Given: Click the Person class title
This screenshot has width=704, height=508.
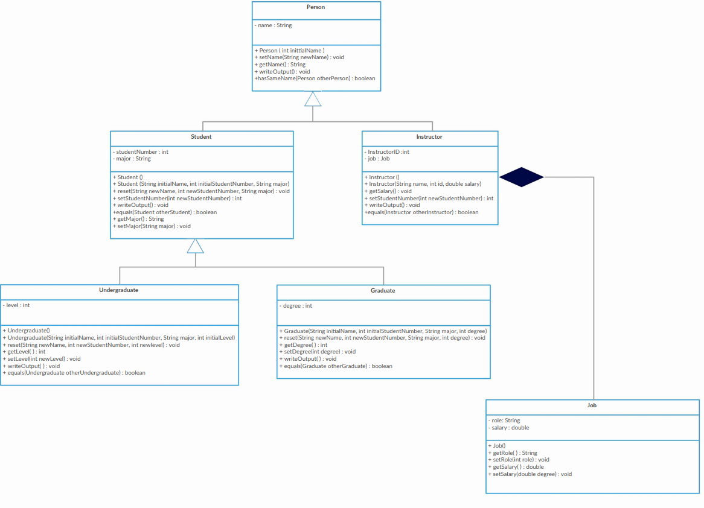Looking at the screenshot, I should [316, 7].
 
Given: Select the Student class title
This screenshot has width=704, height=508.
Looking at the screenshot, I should [201, 137].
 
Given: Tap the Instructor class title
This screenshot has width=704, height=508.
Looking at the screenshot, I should [429, 137].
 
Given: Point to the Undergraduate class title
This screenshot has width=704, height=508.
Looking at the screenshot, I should [118, 290].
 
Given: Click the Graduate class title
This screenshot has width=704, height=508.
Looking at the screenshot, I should [383, 291].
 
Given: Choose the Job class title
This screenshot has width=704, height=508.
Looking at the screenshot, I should [592, 405].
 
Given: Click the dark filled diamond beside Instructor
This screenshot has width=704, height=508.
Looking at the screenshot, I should [522, 177].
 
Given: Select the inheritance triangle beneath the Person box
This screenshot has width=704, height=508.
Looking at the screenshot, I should [313, 100].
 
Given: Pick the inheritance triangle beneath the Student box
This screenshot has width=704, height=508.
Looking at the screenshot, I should [196, 246].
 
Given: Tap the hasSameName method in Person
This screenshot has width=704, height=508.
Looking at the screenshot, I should [315, 78].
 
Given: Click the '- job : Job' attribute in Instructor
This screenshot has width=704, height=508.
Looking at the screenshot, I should [377, 159].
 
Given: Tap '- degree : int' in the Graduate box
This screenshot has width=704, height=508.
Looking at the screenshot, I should [296, 306].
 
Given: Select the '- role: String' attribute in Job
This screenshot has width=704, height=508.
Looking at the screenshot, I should [504, 421].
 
